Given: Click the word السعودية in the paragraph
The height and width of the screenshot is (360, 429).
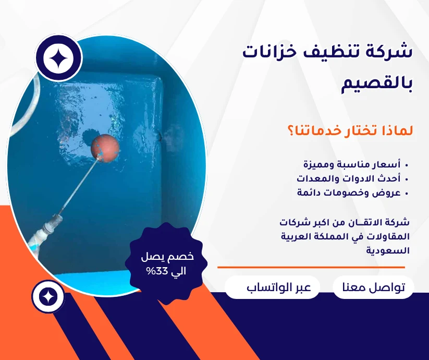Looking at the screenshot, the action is [388, 250].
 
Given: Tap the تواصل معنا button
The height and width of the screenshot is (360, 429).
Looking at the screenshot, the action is [373, 287].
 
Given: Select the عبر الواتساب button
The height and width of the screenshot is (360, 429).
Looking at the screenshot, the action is [272, 287].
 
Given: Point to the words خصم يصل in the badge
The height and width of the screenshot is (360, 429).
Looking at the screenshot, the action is [167, 257].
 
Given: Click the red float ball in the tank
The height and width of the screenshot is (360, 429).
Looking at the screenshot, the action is [105, 148].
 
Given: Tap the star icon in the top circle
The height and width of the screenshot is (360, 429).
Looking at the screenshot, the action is [58, 58].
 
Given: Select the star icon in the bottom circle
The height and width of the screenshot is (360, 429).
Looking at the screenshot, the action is [48, 296].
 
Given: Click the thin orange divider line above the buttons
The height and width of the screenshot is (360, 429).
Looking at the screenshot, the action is [311, 267].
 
